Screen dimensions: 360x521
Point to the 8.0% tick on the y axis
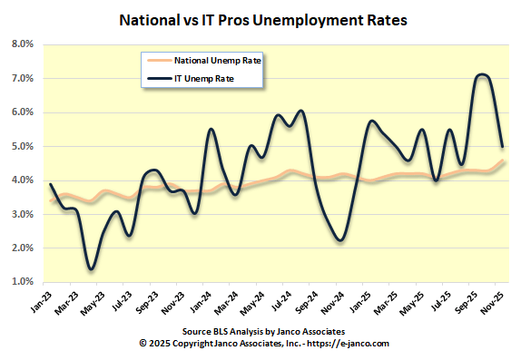[x=22, y=44]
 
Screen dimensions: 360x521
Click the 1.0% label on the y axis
[x=22, y=282]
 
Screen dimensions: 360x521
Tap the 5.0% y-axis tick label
[x=22, y=146]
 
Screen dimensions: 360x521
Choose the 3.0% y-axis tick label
[x=22, y=214]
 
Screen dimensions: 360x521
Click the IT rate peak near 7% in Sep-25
[x=481, y=75]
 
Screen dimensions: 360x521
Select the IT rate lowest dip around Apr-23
[x=91, y=268]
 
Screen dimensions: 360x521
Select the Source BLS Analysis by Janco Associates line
[x=260, y=333]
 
